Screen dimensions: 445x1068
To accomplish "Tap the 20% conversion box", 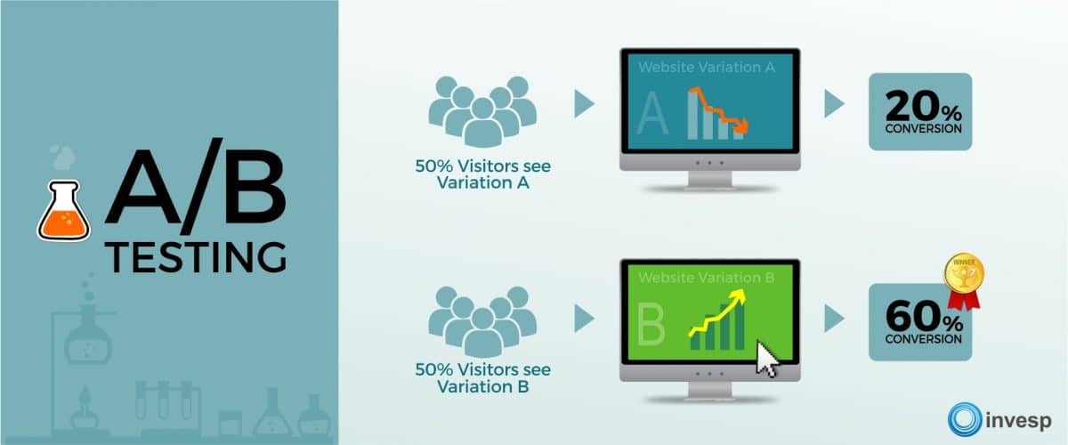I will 920,111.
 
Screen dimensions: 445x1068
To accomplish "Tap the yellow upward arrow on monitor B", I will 716,315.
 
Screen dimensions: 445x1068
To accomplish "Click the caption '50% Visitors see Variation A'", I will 482,174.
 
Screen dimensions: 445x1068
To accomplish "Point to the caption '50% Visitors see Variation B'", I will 482,378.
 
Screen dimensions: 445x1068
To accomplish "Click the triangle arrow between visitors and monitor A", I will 584,104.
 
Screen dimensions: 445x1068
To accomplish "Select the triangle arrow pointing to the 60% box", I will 834,317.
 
